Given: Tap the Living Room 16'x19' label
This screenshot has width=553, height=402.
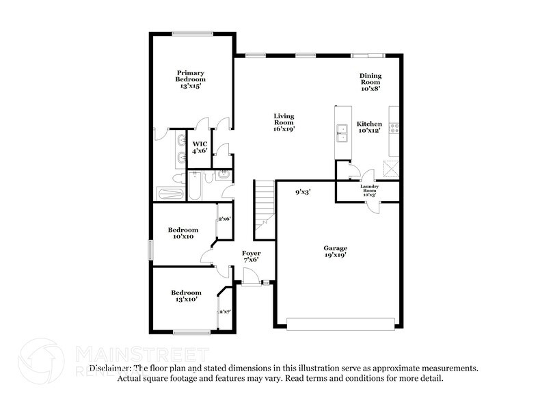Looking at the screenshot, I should tap(284, 122).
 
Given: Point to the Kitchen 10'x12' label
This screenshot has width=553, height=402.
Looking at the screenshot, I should tap(369, 128).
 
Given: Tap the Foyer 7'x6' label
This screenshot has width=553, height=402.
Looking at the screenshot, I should tap(252, 256).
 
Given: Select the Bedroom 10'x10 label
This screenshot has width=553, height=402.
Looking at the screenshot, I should tap(185, 233).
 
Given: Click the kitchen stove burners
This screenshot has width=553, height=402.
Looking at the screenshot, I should tap(394, 127).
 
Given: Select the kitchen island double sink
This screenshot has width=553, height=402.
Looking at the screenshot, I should tap(341, 131).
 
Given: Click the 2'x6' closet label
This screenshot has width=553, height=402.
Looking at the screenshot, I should tap(224, 219).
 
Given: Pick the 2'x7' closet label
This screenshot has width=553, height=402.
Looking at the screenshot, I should tap(224, 312).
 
